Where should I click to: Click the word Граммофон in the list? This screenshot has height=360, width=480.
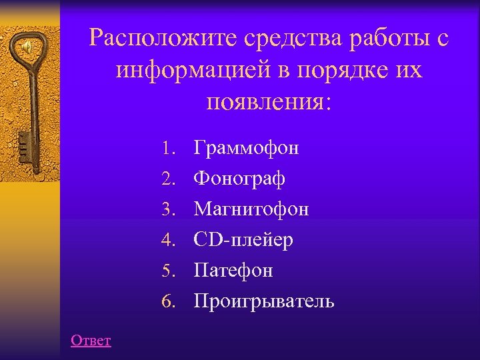pos(246,148)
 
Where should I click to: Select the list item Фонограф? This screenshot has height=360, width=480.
pos(239,179)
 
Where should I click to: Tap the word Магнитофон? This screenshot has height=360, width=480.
pos(251,209)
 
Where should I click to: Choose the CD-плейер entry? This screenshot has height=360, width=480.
pos(243,240)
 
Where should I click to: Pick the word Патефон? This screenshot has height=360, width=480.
pos(233,271)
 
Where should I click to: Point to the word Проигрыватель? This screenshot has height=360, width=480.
pos(264,301)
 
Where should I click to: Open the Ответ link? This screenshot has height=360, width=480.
pos(91,341)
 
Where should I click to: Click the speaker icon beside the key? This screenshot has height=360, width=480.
pos(28,47)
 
